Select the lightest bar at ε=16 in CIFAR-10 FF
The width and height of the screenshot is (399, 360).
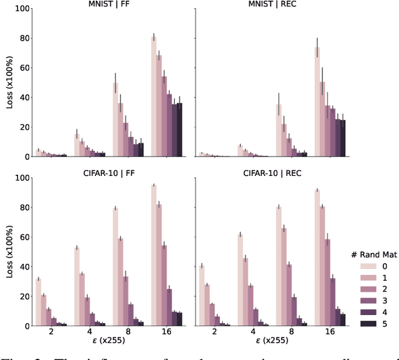pos(154,255)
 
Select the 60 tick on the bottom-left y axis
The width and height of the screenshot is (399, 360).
pos(24,237)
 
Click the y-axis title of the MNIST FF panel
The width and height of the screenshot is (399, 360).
pos(9,82)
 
